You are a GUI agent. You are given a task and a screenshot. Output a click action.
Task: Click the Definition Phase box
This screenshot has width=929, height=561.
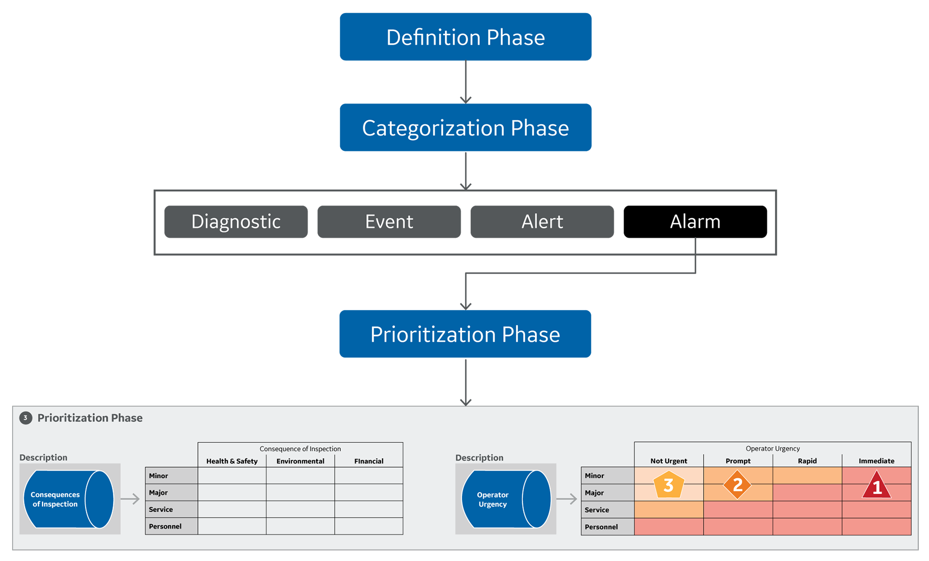(x=465, y=37)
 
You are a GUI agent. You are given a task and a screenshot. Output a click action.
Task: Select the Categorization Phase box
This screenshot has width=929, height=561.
(x=465, y=128)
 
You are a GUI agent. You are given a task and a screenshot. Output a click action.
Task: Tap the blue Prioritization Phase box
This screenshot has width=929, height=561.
(x=465, y=334)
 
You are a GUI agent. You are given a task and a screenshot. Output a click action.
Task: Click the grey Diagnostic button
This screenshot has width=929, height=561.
(x=236, y=221)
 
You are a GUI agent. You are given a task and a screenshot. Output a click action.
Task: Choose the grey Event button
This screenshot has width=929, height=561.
(x=389, y=221)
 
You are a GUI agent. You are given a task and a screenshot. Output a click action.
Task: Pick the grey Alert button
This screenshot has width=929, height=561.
(x=542, y=221)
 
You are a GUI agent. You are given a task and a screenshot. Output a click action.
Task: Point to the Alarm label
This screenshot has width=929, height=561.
(x=695, y=221)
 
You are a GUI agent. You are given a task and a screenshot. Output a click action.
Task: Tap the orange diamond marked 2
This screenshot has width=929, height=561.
(x=737, y=485)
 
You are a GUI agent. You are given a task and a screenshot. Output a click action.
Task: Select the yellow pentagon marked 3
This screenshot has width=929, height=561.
(x=669, y=485)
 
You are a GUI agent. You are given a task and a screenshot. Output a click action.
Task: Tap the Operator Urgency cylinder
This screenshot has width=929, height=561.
(x=506, y=499)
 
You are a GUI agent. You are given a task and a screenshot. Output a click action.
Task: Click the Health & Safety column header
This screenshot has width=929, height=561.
(x=232, y=461)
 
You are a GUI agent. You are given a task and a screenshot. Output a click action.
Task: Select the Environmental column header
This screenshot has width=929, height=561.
(x=300, y=461)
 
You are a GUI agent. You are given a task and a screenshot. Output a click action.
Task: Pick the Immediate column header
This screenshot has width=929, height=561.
(x=876, y=461)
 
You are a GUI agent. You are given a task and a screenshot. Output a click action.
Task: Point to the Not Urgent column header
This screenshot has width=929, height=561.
(x=669, y=461)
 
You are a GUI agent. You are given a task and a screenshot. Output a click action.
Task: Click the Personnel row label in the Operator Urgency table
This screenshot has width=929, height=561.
(x=601, y=527)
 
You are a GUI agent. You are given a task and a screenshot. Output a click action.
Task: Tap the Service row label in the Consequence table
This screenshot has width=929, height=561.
(x=161, y=509)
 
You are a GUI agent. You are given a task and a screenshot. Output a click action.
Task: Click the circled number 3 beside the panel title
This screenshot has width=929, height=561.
(x=26, y=418)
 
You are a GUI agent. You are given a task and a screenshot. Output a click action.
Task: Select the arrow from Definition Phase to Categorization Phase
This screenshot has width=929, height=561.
(x=465, y=82)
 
